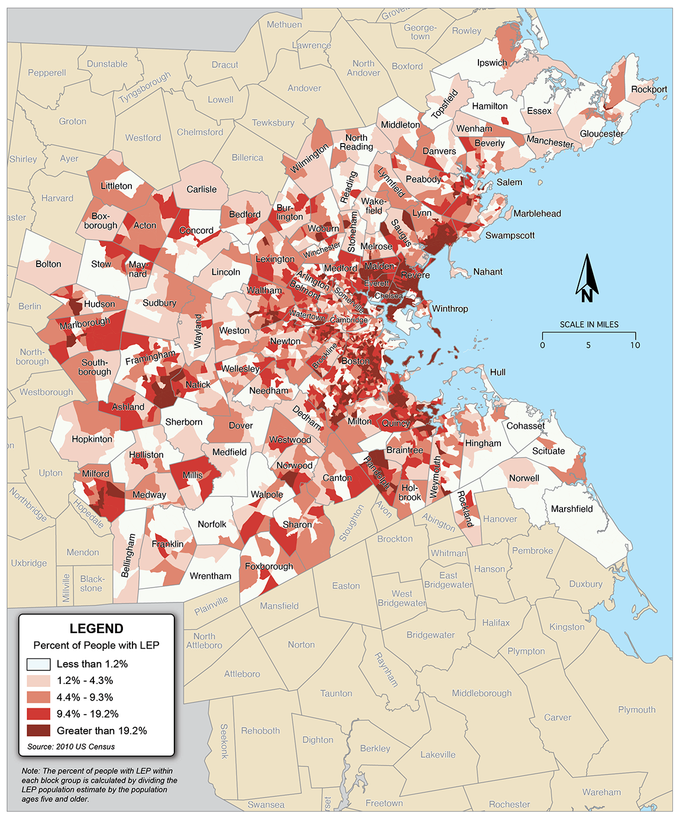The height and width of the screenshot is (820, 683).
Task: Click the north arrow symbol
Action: (587, 278)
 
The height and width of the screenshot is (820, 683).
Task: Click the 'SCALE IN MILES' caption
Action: (589, 325)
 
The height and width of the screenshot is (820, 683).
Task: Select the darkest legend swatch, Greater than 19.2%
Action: (39, 731)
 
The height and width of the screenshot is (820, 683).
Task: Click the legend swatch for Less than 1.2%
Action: (39, 664)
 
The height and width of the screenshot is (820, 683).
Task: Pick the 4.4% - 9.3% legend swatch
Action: (39, 698)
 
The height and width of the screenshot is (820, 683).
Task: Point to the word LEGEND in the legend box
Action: (96, 628)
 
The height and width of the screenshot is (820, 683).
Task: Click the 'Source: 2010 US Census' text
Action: (71, 747)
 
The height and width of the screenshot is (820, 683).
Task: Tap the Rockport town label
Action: (649, 89)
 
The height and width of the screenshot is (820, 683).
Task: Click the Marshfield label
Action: (571, 508)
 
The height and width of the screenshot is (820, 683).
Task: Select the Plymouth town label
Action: (636, 709)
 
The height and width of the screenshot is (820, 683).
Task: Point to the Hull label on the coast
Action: (497, 372)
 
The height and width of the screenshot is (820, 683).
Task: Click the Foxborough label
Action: (269, 566)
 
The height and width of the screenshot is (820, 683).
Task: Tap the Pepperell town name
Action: (47, 73)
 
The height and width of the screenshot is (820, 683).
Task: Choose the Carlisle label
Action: (202, 189)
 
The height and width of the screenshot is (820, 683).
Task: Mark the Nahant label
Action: (488, 272)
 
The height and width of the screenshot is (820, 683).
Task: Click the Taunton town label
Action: (336, 693)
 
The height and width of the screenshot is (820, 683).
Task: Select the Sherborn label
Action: (183, 422)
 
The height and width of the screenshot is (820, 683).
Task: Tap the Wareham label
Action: (601, 792)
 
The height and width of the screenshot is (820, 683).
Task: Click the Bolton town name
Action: (48, 264)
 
